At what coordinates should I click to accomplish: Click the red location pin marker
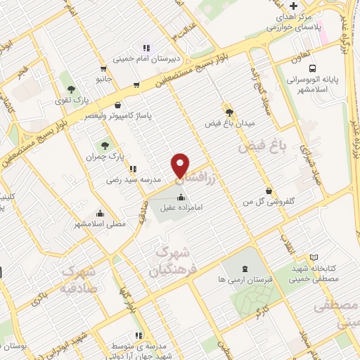tap(181, 165)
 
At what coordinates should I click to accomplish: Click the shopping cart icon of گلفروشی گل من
tap(269, 190)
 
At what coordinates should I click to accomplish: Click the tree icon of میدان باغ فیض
tap(229, 111)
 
